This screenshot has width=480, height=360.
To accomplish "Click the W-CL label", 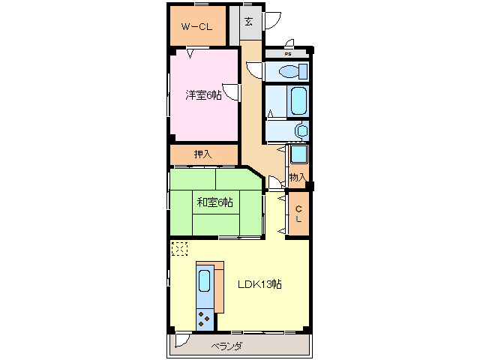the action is tap(196, 27).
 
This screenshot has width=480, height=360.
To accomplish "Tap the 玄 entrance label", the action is tap(248, 22).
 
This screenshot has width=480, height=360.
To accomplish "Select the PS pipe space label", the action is tap(288, 54).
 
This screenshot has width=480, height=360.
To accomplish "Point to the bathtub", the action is tap(298, 101).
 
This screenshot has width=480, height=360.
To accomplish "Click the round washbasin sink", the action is tap(302, 131).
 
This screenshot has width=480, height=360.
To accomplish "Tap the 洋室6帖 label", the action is tap(203, 95).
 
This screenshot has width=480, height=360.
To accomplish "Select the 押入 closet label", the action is tap(202, 154).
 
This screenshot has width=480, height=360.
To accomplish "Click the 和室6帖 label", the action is tap(214, 202).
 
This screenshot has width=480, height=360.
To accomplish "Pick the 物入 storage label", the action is tap(298, 177).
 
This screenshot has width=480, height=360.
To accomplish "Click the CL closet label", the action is tap(298, 214).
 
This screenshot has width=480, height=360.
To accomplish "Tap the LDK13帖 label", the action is tap(259, 284).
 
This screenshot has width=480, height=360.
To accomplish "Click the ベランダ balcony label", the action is tap(226, 346).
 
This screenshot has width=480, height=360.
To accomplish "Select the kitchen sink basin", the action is tap(204, 280).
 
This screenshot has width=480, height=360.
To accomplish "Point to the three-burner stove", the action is tap(205, 319).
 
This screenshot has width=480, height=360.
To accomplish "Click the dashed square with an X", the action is tap(179, 248).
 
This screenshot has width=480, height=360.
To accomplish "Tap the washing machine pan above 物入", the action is tap(298, 154).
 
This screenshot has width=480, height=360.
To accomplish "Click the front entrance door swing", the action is tap(272, 21).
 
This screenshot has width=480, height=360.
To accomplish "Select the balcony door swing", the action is tap(183, 340).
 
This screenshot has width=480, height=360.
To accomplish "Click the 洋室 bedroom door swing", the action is tap(231, 91).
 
